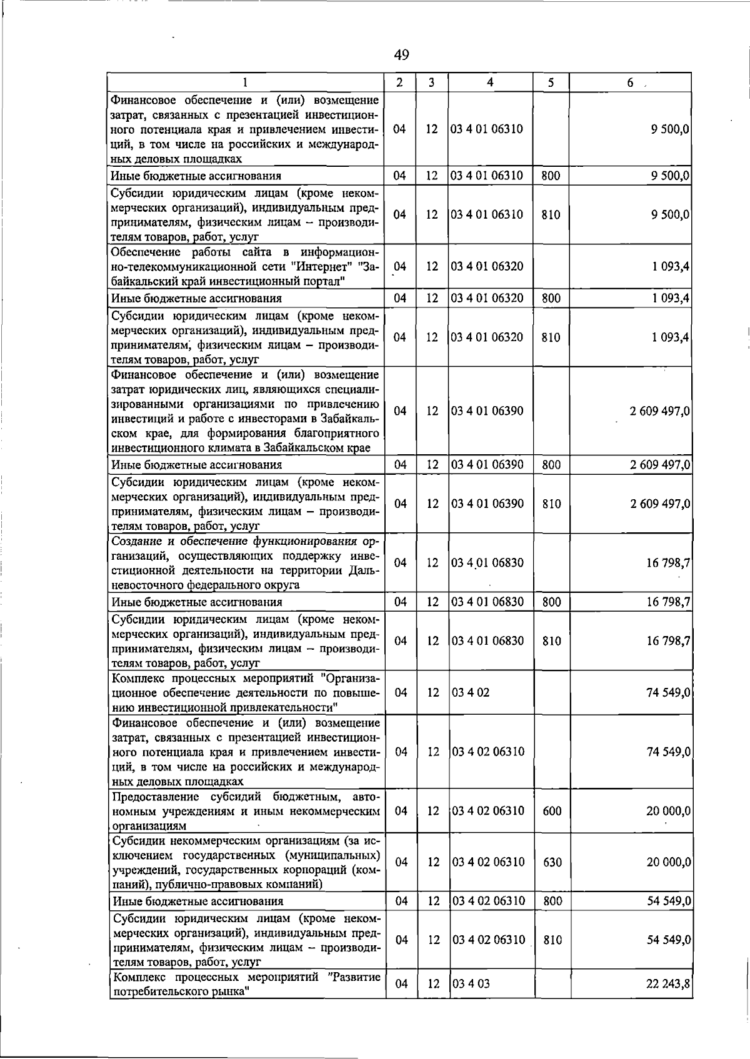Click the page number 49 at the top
pos(401,55)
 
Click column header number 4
pos(491,82)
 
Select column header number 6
pos(631,82)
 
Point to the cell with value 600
pos(552,811)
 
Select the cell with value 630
pos(552,862)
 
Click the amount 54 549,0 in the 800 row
pos(668,901)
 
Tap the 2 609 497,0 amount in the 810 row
pos(660,504)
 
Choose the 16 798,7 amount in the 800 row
pos(668,602)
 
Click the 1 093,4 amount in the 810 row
pos(670,337)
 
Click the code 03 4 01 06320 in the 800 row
pos(487,298)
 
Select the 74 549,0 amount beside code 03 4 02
pos(668,692)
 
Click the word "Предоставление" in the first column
pos(152,797)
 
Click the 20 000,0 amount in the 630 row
pos(668,862)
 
